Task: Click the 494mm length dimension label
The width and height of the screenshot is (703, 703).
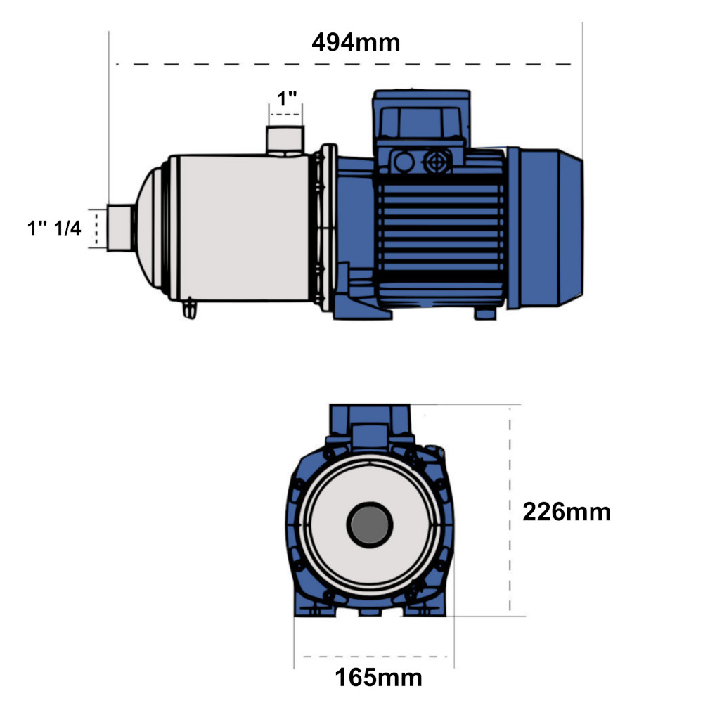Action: [x=356, y=43]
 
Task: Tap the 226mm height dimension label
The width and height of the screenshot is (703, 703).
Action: [x=566, y=512]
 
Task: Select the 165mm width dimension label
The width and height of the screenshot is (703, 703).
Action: [x=378, y=678]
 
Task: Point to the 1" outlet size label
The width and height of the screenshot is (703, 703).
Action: [x=287, y=98]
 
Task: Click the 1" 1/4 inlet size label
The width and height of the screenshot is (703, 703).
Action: [x=54, y=228]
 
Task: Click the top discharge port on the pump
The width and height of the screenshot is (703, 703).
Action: [x=285, y=141]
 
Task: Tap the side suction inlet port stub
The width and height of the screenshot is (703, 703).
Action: [x=120, y=227]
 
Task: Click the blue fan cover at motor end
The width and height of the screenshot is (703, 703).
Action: [x=546, y=228]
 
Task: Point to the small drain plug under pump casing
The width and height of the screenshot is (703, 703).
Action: [x=190, y=309]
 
